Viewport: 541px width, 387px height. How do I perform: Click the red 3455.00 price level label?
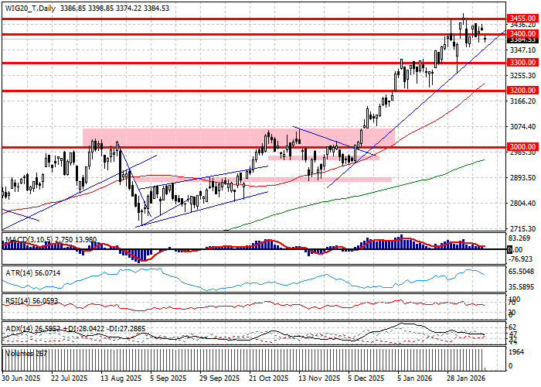[523, 17]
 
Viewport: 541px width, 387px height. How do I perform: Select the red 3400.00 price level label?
[523, 34]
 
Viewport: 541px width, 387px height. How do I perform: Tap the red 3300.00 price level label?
[523, 62]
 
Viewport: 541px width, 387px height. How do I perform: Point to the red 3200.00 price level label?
[523, 91]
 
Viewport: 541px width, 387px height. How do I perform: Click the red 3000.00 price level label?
[523, 146]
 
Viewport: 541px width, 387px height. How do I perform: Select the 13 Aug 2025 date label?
[119, 379]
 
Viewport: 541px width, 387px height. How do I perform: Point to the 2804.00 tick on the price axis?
[523, 204]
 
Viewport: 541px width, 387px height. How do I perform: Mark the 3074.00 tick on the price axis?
[523, 127]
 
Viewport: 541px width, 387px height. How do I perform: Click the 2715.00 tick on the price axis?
[523, 229]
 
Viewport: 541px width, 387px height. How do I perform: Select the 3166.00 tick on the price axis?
[523, 101]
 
